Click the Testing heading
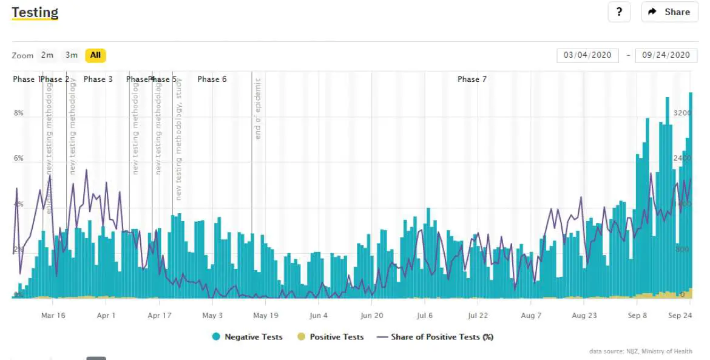(x=35, y=12)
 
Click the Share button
(x=669, y=12)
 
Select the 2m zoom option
(x=47, y=55)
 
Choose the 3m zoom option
(x=72, y=55)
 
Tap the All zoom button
(x=95, y=55)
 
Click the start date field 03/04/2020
(x=587, y=55)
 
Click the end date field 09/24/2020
(x=666, y=55)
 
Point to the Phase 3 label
(x=98, y=80)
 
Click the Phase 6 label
(x=212, y=80)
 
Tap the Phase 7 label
(x=472, y=80)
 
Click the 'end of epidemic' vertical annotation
(x=258, y=109)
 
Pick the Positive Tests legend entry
(x=331, y=337)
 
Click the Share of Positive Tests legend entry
(x=435, y=337)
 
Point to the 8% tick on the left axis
(x=19, y=114)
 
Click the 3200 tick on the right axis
(x=682, y=114)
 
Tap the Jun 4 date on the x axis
(x=319, y=316)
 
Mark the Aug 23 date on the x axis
(x=584, y=316)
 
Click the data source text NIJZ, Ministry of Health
(x=640, y=352)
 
